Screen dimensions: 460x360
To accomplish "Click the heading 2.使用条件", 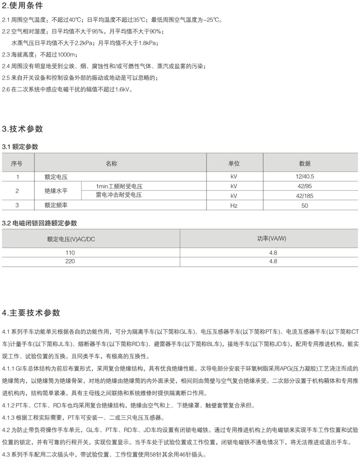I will (x=23, y=6).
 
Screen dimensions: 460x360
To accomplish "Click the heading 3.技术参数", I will (x=23, y=129).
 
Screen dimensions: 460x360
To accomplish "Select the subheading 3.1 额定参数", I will (x=20, y=147).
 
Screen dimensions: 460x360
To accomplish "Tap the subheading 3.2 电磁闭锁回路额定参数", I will (x=40, y=223).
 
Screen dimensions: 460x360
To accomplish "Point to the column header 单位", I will (x=234, y=164).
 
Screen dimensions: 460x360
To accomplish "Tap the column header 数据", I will (x=305, y=164).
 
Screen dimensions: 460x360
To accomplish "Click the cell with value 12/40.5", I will (x=305, y=177).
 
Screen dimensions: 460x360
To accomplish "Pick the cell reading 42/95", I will (x=305, y=186).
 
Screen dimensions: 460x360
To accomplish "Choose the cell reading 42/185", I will (x=305, y=196).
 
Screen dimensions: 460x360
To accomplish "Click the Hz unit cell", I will (x=234, y=205).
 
